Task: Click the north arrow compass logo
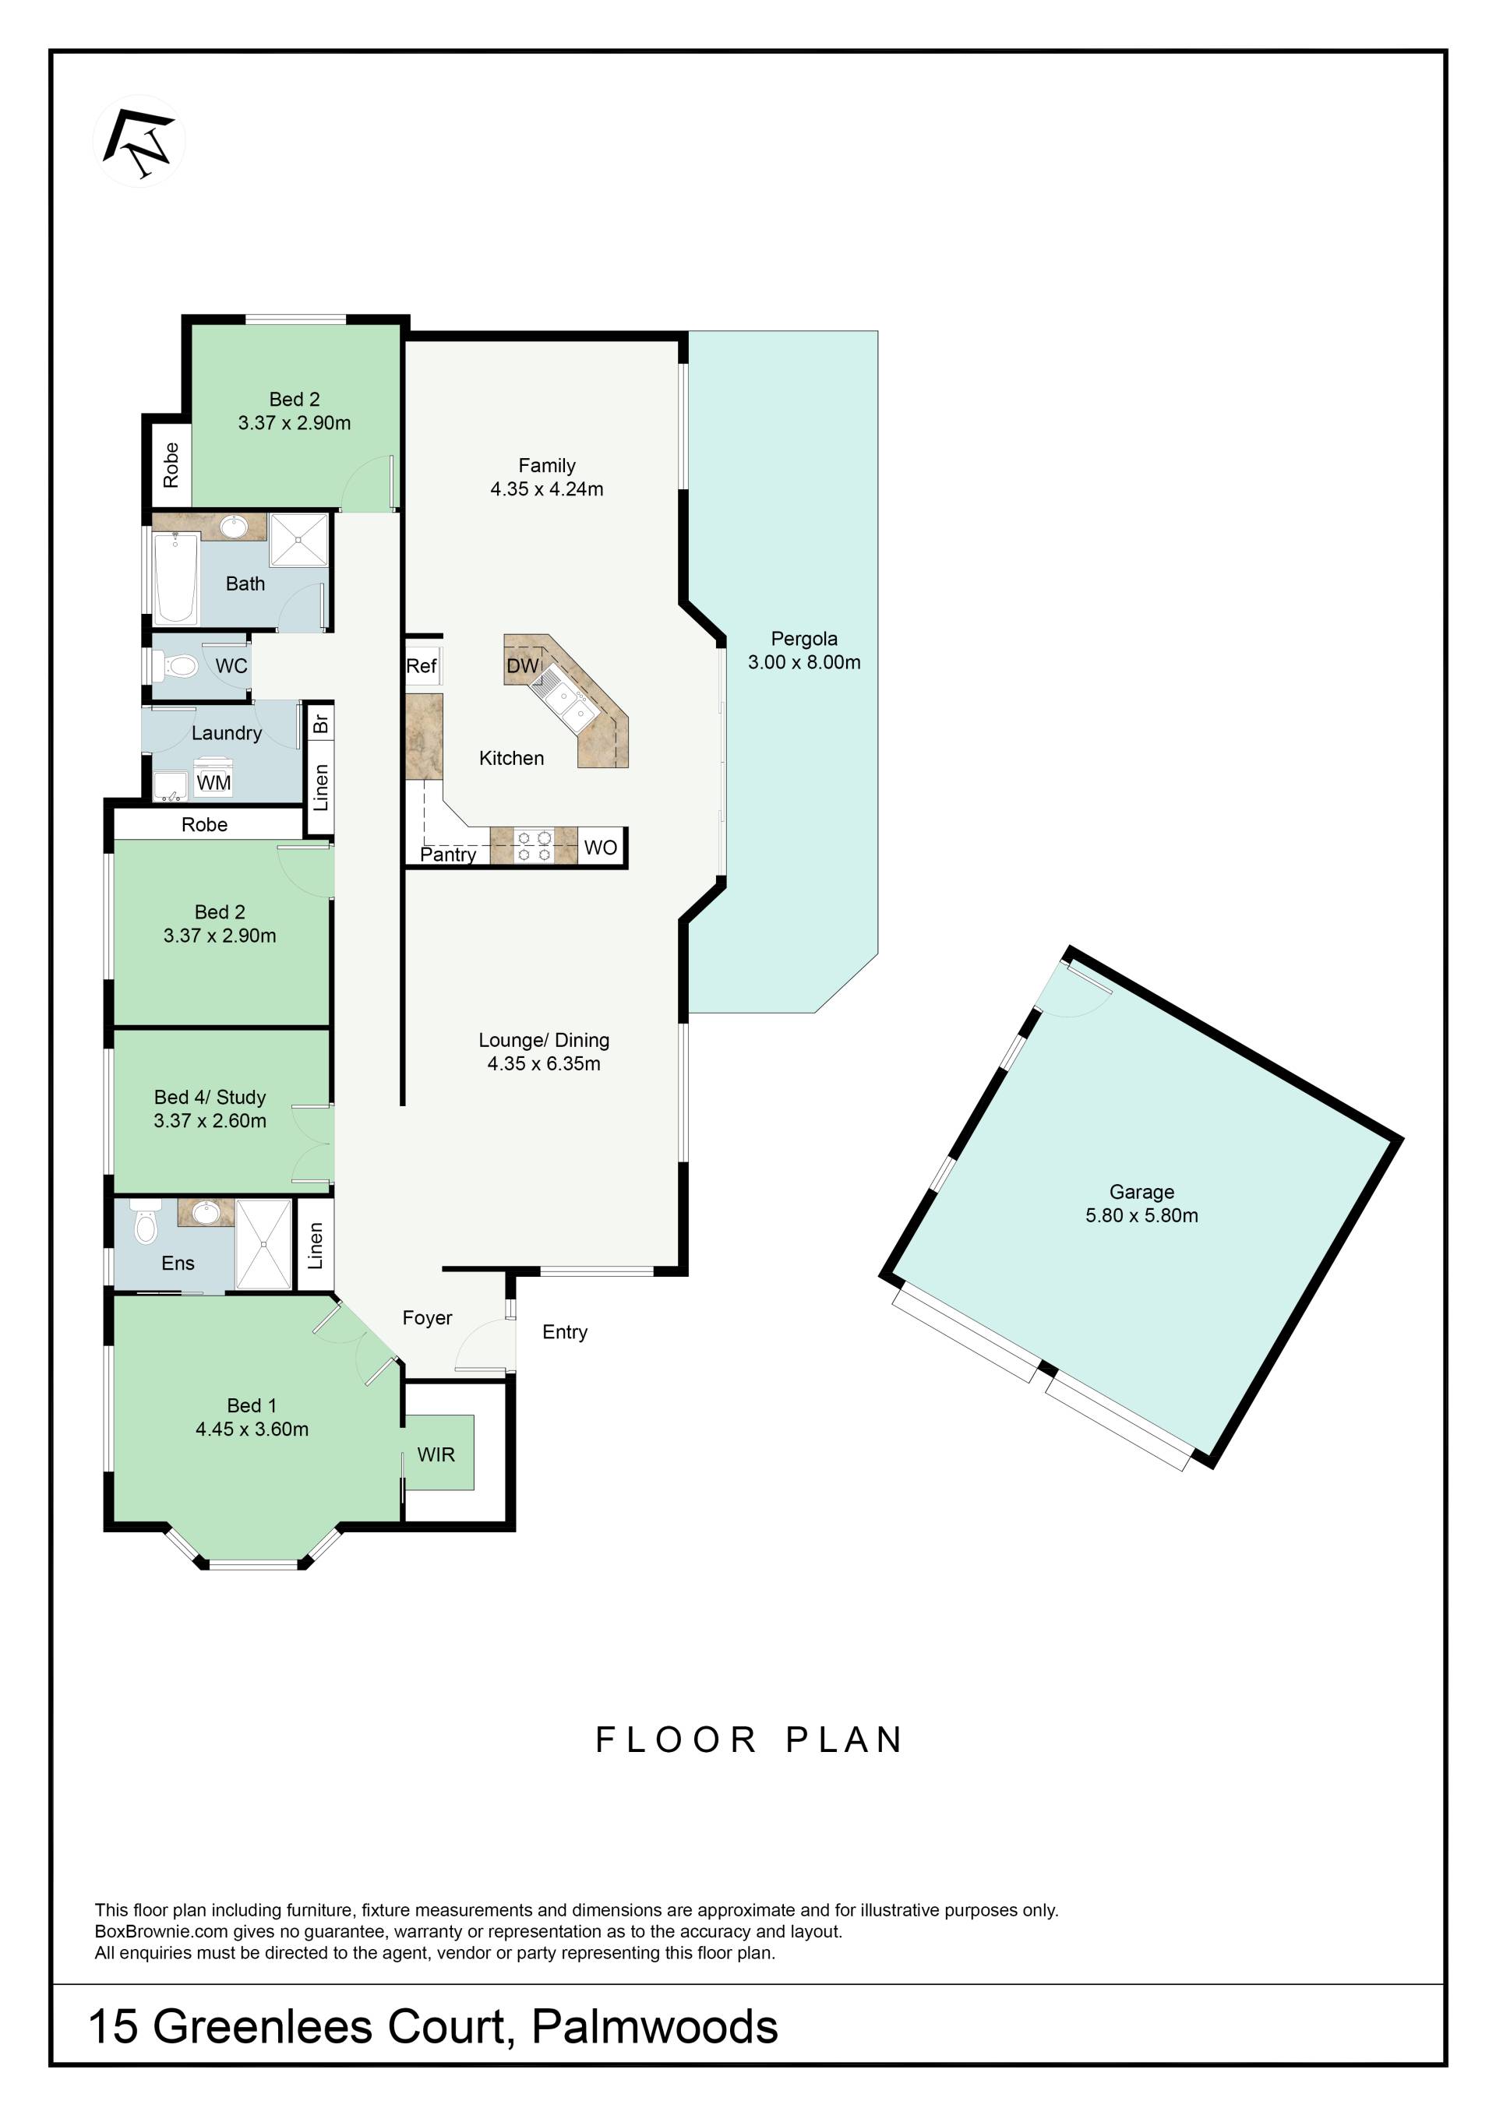click(x=139, y=142)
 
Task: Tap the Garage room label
click(x=1141, y=1191)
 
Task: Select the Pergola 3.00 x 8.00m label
click(x=804, y=650)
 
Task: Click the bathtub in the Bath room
click(x=175, y=577)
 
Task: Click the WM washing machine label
click(x=213, y=782)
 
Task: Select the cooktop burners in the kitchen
click(x=534, y=847)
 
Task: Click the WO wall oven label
click(x=601, y=848)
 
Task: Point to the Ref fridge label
click(x=421, y=665)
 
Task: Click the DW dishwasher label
click(x=522, y=665)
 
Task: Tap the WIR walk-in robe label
click(x=436, y=1454)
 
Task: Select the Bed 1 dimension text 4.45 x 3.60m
click(x=252, y=1429)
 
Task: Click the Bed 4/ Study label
click(x=210, y=1096)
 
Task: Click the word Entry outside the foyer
click(x=565, y=1332)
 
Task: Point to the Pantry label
click(x=448, y=855)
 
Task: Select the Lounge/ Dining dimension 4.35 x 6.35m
click(x=544, y=1063)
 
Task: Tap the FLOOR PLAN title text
click(x=749, y=1740)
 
